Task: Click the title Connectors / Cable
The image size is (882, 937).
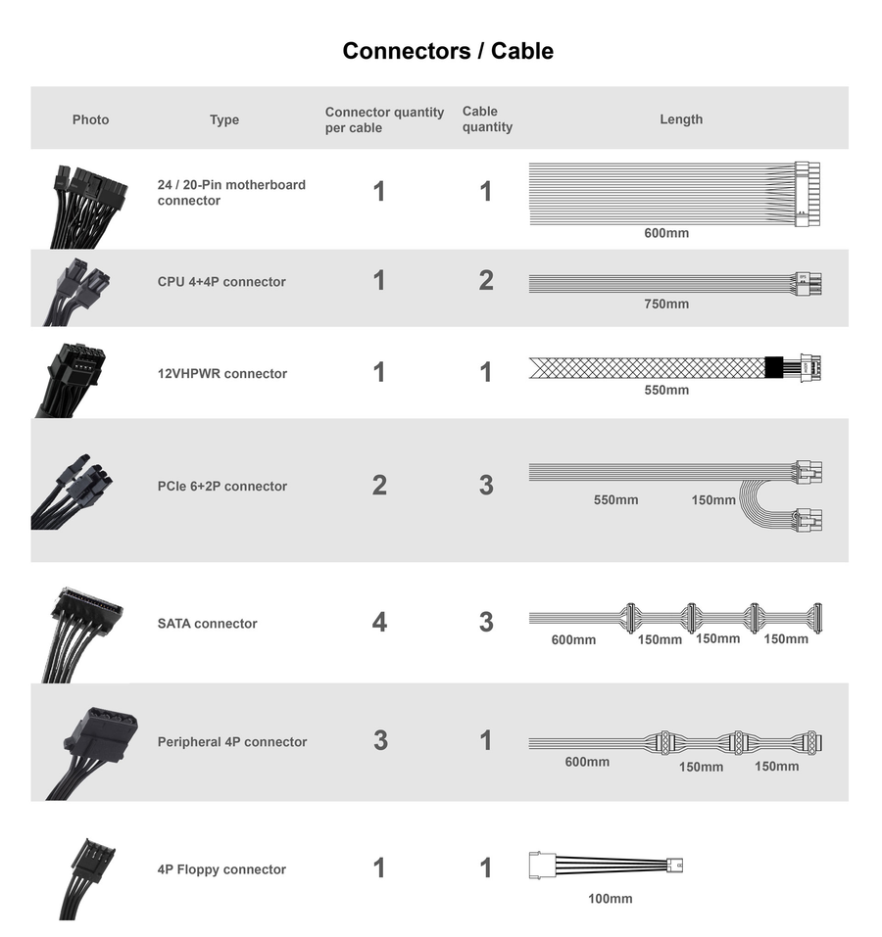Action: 448,51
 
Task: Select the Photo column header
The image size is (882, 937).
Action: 90,119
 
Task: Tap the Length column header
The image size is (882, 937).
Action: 681,118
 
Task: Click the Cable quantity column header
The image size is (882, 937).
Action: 487,118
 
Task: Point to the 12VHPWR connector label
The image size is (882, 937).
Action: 222,373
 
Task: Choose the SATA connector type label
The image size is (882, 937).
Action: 208,624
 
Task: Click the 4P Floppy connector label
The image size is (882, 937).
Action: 221,869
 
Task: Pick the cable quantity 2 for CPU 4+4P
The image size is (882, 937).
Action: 486,280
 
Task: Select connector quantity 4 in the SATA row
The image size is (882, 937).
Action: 379,622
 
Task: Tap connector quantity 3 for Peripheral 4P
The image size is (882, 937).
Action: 380,740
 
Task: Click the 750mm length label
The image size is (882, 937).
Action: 666,304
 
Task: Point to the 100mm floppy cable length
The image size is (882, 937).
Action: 610,898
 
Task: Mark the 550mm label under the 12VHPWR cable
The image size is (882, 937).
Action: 666,390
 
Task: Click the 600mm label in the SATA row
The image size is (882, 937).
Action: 573,639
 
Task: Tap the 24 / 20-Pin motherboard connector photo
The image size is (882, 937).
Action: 88,207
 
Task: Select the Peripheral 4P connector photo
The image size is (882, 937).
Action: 92,754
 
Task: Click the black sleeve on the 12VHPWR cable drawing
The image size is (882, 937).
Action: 774,367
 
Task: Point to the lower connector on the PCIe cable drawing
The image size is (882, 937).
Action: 807,519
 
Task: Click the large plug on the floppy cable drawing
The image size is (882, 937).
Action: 542,866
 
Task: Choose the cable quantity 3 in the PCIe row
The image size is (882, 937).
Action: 486,485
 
